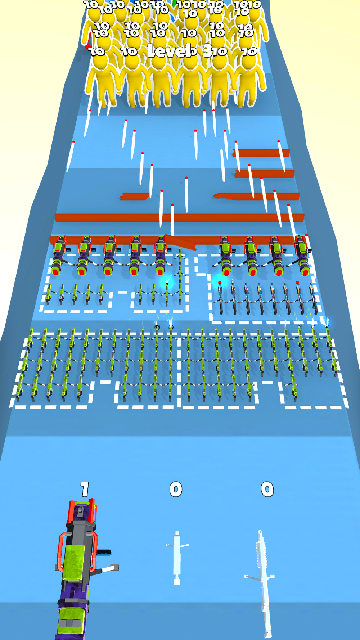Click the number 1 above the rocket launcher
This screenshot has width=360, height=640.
click(85, 489)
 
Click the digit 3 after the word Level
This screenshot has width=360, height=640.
click(207, 51)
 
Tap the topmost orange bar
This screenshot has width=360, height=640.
click(261, 153)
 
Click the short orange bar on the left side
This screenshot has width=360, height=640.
click(135, 197)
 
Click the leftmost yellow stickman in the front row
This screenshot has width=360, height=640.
click(103, 81)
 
